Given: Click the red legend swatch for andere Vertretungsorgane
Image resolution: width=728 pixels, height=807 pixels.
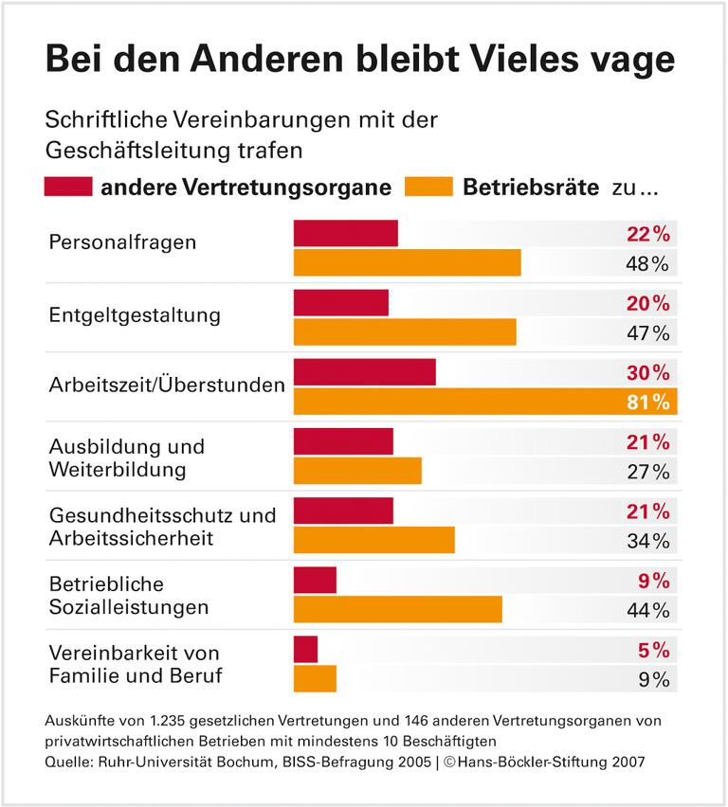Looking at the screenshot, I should (68, 186).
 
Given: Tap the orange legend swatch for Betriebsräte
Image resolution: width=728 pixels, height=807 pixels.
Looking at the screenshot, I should (428, 186).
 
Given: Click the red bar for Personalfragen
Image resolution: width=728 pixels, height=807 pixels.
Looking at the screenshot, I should (346, 233).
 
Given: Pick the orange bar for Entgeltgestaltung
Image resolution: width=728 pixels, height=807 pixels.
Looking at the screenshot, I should (405, 332).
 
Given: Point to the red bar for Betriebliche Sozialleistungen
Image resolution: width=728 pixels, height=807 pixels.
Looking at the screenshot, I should (315, 580).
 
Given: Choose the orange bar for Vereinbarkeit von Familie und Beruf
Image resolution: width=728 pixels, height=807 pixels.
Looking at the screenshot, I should (315, 678).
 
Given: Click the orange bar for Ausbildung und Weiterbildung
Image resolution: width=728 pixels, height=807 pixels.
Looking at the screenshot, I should (357, 471).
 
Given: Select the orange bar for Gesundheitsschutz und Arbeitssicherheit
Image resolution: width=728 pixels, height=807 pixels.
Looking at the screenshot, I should (374, 540).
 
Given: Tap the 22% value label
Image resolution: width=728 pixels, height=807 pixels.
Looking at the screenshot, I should (648, 234).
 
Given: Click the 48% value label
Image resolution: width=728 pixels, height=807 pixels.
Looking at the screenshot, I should (648, 263).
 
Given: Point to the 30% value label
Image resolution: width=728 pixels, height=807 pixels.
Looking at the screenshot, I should (648, 372).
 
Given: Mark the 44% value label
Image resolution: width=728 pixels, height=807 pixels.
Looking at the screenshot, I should (648, 609).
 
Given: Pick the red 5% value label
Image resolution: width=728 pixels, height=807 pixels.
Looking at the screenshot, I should (654, 650).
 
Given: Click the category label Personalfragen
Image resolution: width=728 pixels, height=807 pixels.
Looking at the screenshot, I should (123, 242).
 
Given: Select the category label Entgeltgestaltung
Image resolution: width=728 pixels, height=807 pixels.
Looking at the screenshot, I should (135, 314).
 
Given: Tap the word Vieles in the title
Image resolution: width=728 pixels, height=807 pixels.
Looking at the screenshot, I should (532, 60).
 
